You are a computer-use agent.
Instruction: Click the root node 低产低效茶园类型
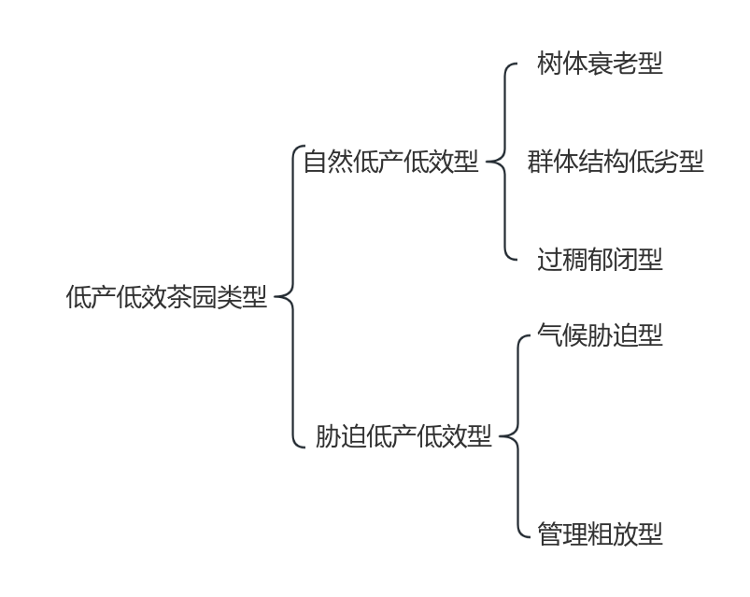click(166, 298)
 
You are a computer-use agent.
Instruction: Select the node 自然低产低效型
click(390, 162)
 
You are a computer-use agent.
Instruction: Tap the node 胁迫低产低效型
click(403, 436)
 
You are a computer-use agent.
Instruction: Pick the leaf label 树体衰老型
click(600, 64)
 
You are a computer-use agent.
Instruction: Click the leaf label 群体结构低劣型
click(615, 162)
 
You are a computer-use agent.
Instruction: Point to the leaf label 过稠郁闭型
click(600, 260)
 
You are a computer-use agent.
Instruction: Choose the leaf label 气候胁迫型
click(600, 335)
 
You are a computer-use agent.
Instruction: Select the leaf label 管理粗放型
click(600, 534)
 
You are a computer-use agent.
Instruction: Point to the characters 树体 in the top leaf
click(562, 64)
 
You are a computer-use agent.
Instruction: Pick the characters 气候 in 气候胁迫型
click(562, 335)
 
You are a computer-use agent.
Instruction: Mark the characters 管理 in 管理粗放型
click(562, 534)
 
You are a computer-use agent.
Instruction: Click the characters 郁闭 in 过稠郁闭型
click(613, 260)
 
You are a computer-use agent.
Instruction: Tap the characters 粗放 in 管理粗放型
click(613, 534)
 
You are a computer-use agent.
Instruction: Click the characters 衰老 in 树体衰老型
click(613, 64)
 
